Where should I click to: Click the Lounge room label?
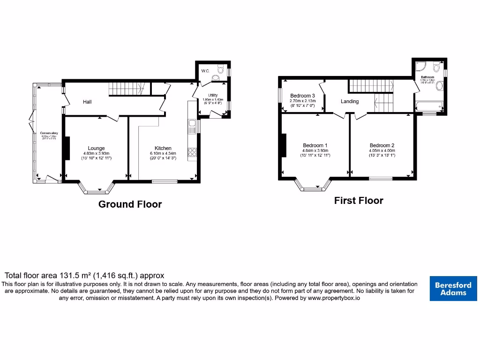click(x=96, y=148)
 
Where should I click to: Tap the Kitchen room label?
click(x=163, y=148)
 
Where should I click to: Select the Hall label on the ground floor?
click(x=87, y=102)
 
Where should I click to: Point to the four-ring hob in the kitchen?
click(x=192, y=152)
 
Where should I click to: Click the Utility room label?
click(x=213, y=95)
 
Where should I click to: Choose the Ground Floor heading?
click(x=130, y=204)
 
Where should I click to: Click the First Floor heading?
click(x=359, y=201)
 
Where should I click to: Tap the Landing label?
click(x=350, y=101)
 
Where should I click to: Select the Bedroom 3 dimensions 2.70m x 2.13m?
click(x=302, y=101)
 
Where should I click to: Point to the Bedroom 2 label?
click(x=382, y=145)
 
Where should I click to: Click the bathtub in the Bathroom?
click(x=428, y=107)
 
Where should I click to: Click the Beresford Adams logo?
click(x=453, y=288)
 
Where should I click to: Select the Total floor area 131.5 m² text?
click(x=84, y=276)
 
